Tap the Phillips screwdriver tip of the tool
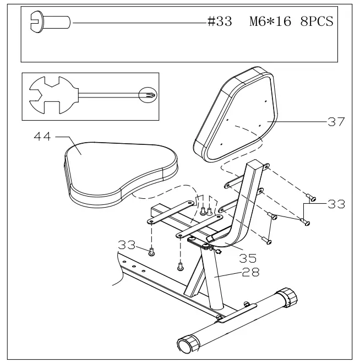(148, 94)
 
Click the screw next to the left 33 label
(152, 252)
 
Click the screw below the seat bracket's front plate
(181, 267)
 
